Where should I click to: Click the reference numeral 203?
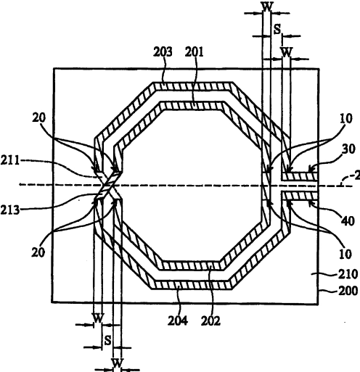[163, 52]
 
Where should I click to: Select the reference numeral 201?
[195, 52]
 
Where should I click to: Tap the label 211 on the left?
[9, 160]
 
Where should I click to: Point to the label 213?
[9, 210]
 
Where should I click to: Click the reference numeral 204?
[178, 321]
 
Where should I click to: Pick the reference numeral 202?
[210, 321]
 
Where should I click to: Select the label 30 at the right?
[348, 149]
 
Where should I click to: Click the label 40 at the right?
[348, 221]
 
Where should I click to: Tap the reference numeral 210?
[348, 274]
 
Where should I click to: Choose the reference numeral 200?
[348, 291]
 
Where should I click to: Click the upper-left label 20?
[38, 118]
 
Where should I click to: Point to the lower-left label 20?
[38, 252]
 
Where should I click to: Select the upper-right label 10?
[346, 118]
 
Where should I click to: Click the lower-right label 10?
[345, 254]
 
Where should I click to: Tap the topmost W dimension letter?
[267, 7]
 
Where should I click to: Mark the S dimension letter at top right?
[277, 30]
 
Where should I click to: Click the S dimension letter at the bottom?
[107, 341]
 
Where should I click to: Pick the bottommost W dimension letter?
[118, 363]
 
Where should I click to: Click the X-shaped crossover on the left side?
[108, 186]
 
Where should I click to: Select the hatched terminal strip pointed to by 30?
[299, 177]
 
